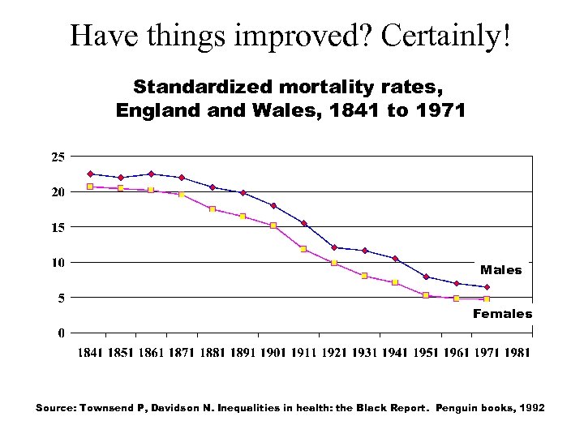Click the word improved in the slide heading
(x=304, y=36)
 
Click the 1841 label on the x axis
(x=91, y=353)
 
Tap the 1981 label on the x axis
(x=515, y=353)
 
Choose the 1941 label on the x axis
(x=395, y=353)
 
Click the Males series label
(x=500, y=270)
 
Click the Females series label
(x=502, y=314)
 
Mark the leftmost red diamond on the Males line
(x=90, y=174)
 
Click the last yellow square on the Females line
(x=487, y=299)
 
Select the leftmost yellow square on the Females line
(x=90, y=187)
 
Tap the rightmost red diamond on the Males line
(x=487, y=287)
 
